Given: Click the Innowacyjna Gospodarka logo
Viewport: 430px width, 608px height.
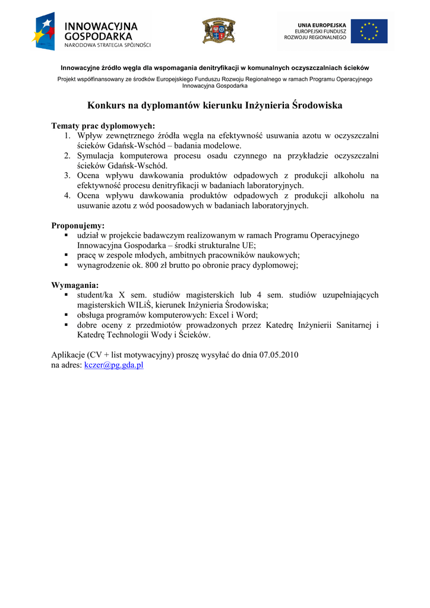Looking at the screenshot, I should pos(91,32).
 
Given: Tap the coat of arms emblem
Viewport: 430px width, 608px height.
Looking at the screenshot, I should pos(219,30).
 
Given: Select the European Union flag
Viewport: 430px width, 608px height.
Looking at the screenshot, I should pos(369,31).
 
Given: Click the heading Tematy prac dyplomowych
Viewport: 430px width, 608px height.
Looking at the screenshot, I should pos(103,126).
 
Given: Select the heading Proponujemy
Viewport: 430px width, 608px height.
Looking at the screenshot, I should pos(78,226).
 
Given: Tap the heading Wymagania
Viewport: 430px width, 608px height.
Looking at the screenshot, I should pos(75,285).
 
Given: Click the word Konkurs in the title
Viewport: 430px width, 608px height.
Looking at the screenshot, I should pos(106,106).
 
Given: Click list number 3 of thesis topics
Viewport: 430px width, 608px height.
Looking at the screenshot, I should pos(68,176).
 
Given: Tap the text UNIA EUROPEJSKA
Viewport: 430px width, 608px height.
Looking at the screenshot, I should pos(321,25).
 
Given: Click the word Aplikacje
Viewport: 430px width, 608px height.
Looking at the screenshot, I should pos(68,355).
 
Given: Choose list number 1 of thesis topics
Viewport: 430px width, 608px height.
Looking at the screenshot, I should pos(68,136).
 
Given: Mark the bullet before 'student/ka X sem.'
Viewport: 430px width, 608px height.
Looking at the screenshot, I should pos(67,295).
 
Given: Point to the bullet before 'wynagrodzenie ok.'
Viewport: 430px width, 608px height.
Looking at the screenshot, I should pos(67,265).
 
